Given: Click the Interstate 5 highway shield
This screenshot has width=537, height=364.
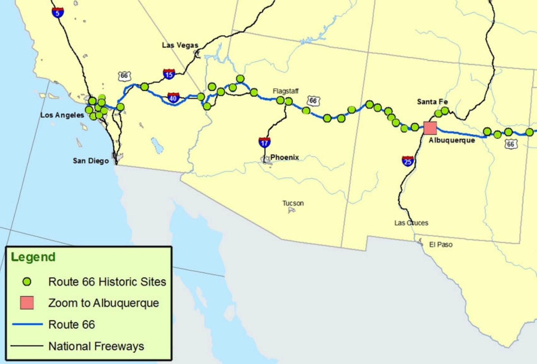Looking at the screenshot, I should [58, 12].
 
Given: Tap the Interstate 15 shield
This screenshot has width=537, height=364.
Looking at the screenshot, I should [169, 74].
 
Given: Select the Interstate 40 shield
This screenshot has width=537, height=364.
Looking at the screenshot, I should [173, 97].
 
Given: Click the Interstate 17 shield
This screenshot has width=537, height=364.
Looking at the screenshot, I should [265, 142].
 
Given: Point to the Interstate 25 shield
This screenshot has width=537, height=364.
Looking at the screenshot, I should [408, 161].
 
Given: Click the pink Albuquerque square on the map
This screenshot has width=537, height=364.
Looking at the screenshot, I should [430, 128].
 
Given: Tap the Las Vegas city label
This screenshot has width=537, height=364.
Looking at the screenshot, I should [180, 45].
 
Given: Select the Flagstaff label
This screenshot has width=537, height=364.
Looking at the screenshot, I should [285, 91].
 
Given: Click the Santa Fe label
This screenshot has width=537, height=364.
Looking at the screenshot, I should [432, 102].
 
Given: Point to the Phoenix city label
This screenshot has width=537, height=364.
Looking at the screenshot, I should [285, 157].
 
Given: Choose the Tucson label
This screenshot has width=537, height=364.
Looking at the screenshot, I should [293, 203].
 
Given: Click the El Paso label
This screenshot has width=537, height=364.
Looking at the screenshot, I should [441, 245].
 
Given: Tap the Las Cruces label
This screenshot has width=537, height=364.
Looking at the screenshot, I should [411, 223].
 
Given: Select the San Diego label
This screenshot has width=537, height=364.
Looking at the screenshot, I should [90, 161].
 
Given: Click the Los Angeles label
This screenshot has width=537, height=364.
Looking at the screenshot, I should [62, 115].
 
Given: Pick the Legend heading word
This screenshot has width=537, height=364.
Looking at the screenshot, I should [33, 257].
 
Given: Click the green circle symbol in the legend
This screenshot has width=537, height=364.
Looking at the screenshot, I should [27, 282].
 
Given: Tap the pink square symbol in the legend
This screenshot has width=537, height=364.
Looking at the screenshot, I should [27, 303].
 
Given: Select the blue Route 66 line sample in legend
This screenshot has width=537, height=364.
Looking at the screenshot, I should [27, 324].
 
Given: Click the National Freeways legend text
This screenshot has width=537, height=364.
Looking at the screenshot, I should [96, 346].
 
